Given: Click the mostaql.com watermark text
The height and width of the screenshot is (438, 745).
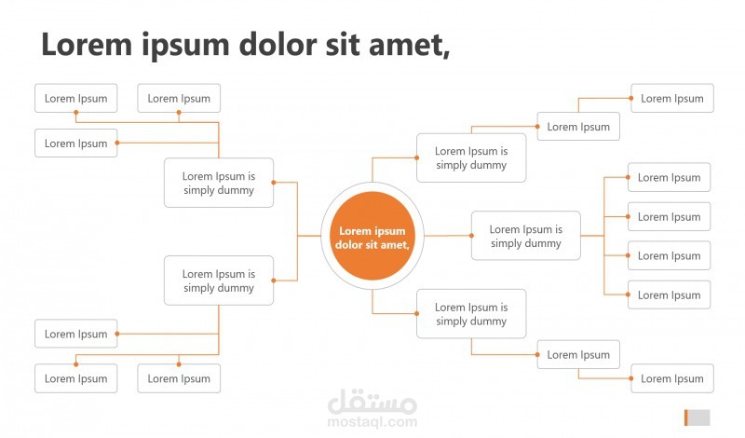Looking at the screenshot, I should (x=372, y=421).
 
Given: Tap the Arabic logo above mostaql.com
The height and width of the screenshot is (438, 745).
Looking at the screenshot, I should (x=372, y=402).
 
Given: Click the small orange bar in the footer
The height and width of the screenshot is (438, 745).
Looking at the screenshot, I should (x=685, y=417).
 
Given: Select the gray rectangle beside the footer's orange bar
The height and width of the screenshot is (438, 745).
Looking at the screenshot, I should (x=699, y=417).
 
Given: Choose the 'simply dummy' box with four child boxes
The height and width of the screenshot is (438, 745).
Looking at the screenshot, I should (x=525, y=236).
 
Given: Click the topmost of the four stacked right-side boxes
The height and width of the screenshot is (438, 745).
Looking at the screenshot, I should (x=669, y=177).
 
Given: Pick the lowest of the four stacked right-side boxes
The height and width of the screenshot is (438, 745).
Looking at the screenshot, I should (x=669, y=294).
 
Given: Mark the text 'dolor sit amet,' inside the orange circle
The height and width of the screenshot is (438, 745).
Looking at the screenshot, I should (x=372, y=244).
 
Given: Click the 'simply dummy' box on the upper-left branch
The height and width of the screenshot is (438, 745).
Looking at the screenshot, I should (x=219, y=183).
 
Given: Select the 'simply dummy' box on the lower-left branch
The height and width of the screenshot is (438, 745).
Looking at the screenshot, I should (x=219, y=281).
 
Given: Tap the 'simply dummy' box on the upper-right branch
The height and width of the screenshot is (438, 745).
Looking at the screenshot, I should (x=471, y=157).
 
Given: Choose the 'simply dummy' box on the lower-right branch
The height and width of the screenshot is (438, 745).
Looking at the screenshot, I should (x=471, y=314).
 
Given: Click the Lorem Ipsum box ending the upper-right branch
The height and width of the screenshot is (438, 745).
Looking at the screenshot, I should (x=672, y=98).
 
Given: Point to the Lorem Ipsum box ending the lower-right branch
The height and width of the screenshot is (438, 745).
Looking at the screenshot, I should (x=672, y=378).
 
